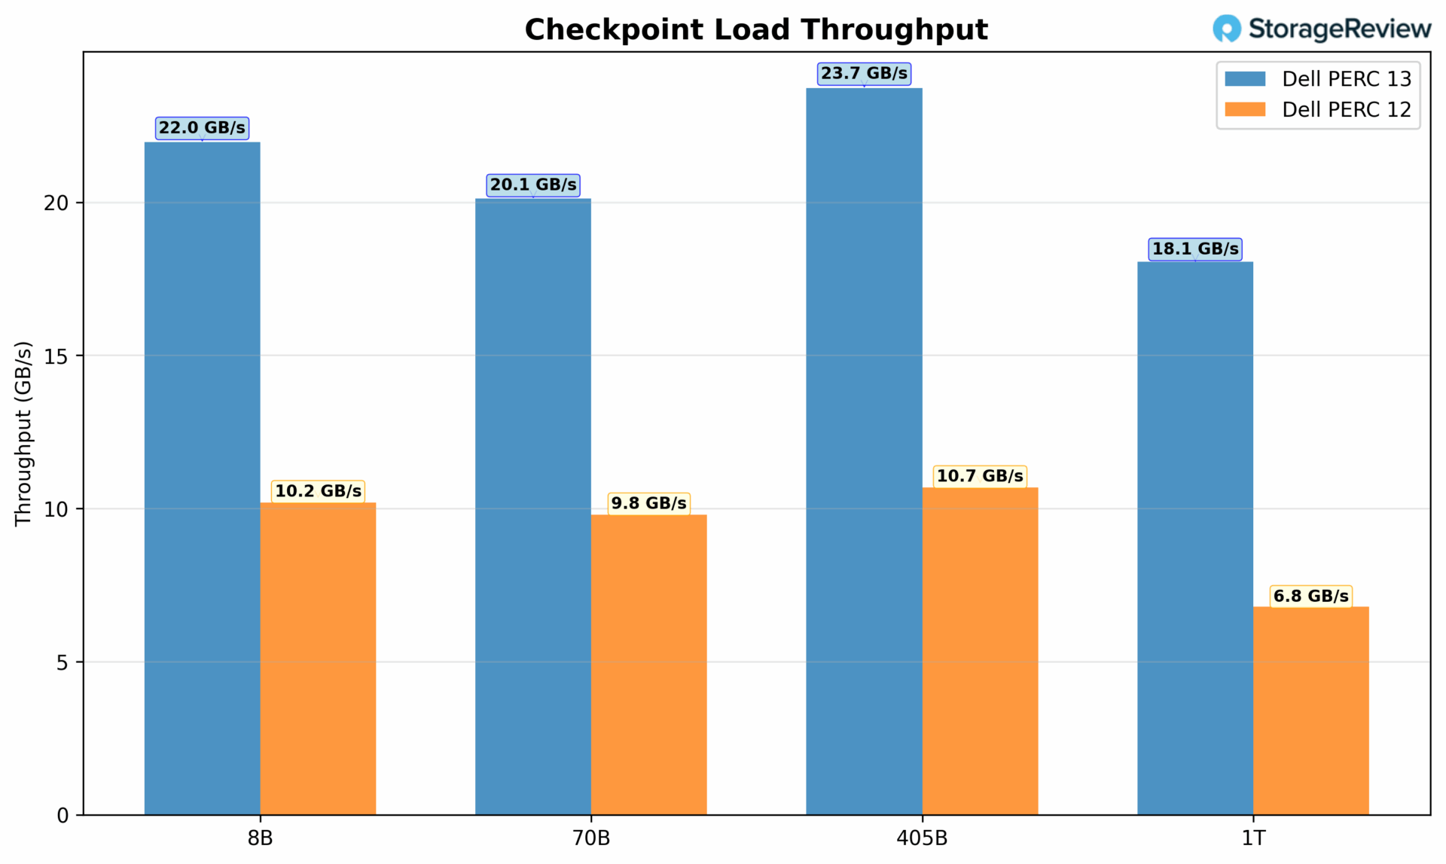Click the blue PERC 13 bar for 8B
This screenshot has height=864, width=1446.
pyautogui.click(x=202, y=478)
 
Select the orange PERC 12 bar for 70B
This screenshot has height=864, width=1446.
pyautogui.click(x=648, y=664)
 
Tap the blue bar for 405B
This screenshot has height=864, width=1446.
pyautogui.click(x=864, y=451)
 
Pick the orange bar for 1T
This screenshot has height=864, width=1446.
pyautogui.click(x=1310, y=710)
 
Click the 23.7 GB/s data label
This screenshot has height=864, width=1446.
pyautogui.click(x=864, y=74)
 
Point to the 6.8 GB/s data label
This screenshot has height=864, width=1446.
pyautogui.click(x=1310, y=596)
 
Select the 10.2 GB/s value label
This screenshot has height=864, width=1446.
pyautogui.click(x=318, y=491)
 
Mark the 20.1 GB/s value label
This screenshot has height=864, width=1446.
pyautogui.click(x=533, y=185)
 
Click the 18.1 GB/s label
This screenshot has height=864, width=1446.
pyautogui.click(x=1195, y=249)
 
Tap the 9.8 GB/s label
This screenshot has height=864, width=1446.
pyautogui.click(x=648, y=503)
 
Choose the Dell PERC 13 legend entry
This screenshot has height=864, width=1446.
pyautogui.click(x=1318, y=79)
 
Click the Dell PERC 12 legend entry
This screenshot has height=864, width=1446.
pyautogui.click(x=1318, y=110)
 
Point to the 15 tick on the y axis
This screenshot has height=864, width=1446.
pyautogui.click(x=56, y=356)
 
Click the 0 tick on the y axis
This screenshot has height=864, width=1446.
pyautogui.click(x=63, y=816)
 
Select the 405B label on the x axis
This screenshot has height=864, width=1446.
pyautogui.click(x=922, y=838)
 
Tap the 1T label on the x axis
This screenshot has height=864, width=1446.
pyautogui.click(x=1253, y=838)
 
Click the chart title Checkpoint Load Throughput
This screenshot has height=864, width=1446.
pyautogui.click(x=756, y=30)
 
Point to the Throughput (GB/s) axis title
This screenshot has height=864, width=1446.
pyautogui.click(x=23, y=433)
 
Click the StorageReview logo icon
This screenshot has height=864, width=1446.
pyautogui.click(x=1226, y=29)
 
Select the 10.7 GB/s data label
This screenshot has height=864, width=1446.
pyautogui.click(x=980, y=476)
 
